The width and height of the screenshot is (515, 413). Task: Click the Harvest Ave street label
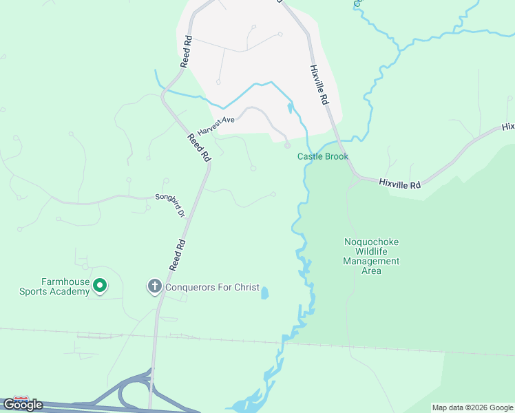tap(216, 125)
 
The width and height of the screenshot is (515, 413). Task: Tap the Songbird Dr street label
tap(169, 204)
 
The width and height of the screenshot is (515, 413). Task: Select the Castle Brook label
tap(323, 156)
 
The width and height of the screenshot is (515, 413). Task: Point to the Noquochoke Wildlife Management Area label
tap(371, 256)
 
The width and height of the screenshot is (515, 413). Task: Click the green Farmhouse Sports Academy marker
tap(100, 284)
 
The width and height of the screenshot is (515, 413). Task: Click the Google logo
tap(23, 405)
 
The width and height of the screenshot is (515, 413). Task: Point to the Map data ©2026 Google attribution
tap(472, 407)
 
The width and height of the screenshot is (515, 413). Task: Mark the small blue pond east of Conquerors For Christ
tap(264, 293)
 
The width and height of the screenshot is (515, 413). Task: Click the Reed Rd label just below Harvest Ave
tap(198, 147)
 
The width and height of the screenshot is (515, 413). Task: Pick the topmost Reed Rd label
tap(185, 52)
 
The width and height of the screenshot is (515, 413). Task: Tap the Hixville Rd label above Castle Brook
tap(317, 85)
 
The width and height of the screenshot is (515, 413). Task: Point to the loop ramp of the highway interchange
tap(128, 394)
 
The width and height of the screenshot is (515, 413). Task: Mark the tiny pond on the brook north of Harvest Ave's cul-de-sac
tap(290, 107)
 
